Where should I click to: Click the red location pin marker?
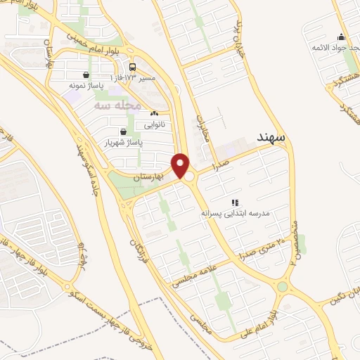(x=181, y=165)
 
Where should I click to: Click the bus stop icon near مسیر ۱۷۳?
(x=132, y=67)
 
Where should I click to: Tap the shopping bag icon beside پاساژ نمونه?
(x=86, y=75)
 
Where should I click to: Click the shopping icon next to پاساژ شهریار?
(x=124, y=131)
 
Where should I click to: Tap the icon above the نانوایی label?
(x=154, y=113)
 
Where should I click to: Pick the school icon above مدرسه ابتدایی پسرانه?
(x=235, y=202)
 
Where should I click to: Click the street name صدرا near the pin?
(x=211, y=167)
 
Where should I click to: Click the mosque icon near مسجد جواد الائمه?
(x=341, y=37)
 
